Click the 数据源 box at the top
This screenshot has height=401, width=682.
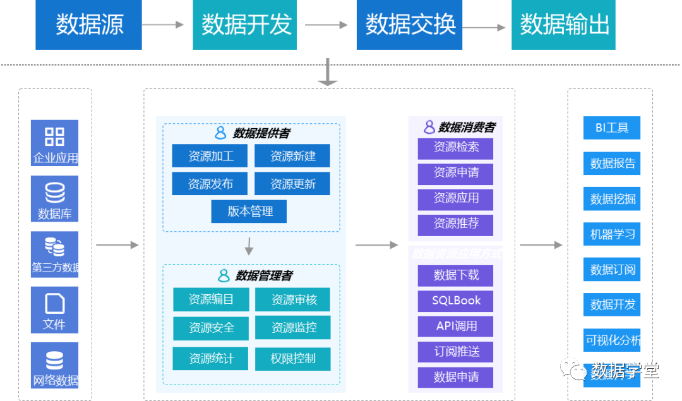[88, 25]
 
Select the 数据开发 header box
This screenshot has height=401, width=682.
[245, 25]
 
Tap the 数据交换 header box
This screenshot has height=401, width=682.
[410, 25]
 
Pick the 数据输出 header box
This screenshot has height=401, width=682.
[564, 25]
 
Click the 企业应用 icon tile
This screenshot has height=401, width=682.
[55, 143]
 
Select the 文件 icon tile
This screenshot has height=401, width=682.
[55, 310]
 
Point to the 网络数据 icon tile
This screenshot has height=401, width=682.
[55, 365]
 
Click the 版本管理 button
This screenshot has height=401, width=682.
[249, 212]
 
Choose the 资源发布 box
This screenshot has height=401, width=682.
[210, 184]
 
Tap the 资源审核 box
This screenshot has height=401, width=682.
[293, 299]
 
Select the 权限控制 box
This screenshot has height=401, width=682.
[293, 359]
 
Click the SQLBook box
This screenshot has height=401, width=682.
[456, 301]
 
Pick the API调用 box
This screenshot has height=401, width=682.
[456, 326]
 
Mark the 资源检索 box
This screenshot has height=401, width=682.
[456, 148]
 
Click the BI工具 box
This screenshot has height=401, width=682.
[612, 128]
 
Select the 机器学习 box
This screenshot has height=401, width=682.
[612, 234]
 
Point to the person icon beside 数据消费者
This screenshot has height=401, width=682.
[429, 127]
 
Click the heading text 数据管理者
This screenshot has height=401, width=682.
[264, 276]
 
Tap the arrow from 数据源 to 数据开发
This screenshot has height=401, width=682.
[162, 25]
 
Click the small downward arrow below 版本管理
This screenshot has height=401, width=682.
[249, 246]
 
